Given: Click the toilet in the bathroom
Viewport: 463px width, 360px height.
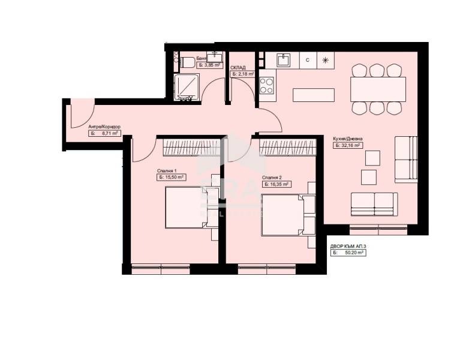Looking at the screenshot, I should coord(185,61).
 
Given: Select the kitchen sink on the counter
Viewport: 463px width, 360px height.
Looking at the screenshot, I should coord(284,60).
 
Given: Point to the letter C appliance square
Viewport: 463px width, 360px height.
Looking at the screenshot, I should coord(308,60).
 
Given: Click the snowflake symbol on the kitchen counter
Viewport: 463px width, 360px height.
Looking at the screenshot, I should coord(325,60).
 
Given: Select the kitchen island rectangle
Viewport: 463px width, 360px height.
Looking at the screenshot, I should coord(313,95).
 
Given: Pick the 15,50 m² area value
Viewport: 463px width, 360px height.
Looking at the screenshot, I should coord(172,178).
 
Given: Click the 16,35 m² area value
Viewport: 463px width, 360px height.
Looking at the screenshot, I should coord(277,184).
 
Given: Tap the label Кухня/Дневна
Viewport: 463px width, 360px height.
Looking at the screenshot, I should coord(348,139).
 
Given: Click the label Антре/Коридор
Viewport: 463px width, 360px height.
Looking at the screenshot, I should coord(104,127).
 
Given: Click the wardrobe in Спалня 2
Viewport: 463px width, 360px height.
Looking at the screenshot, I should coord(287,146).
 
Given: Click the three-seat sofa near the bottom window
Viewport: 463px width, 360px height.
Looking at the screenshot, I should coord(373,204).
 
